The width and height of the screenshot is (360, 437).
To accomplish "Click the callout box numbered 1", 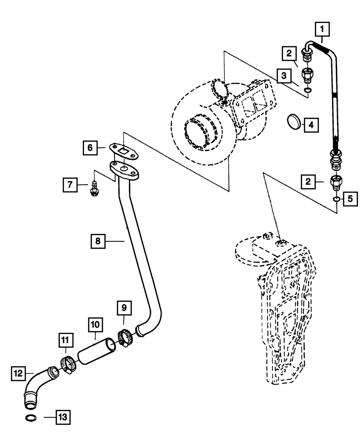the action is (322, 29).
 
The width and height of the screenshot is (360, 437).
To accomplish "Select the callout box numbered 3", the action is (284, 76).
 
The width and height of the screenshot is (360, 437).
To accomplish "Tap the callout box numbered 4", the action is (311, 125).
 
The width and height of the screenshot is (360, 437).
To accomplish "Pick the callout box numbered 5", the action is (350, 199).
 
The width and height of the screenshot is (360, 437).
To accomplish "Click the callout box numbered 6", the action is (90, 148).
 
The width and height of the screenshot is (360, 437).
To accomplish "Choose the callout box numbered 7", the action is (70, 185).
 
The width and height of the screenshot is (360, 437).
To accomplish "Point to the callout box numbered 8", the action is (98, 241).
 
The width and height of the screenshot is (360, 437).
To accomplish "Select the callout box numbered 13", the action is (63, 417).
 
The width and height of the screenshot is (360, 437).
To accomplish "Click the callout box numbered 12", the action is (18, 373).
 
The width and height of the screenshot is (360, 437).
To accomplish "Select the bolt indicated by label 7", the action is (95, 189).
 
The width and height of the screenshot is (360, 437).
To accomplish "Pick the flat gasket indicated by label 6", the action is (124, 151).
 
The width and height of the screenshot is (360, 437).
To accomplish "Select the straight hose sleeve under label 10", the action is (96, 351).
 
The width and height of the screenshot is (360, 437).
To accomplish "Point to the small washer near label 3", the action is (308, 90).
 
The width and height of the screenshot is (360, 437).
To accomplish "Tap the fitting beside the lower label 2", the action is (336, 183).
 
